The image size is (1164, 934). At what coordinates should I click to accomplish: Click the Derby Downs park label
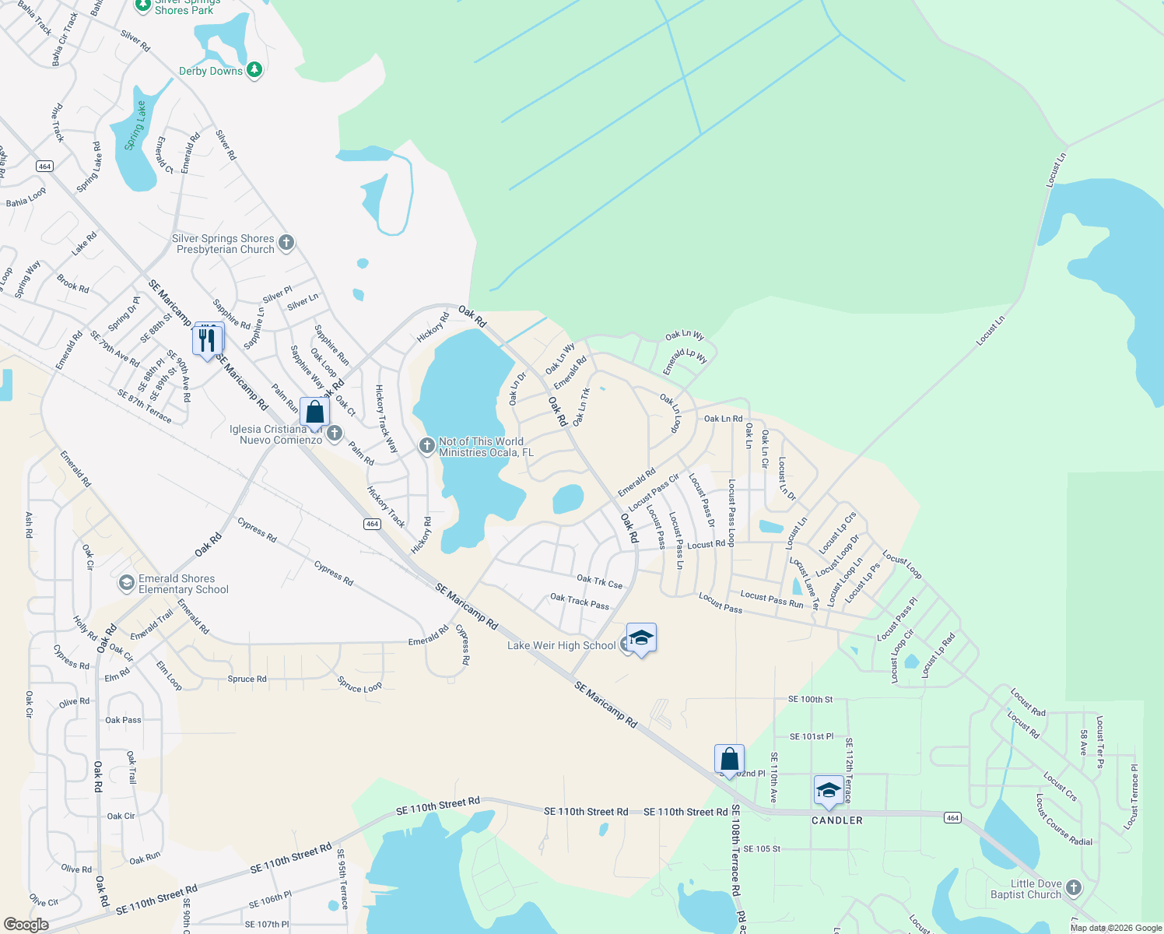[x=211, y=71]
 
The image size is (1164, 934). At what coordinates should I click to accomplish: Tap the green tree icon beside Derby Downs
[x=254, y=71]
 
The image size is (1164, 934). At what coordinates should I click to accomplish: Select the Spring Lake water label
[x=135, y=125]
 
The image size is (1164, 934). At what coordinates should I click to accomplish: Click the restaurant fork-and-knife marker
[x=207, y=340]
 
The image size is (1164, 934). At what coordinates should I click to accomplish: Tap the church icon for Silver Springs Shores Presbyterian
[x=286, y=243]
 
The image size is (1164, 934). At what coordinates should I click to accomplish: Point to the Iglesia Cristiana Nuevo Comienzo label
[x=275, y=434]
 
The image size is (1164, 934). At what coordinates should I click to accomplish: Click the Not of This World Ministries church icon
[x=426, y=446]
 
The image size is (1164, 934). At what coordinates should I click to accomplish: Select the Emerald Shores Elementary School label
[x=184, y=584]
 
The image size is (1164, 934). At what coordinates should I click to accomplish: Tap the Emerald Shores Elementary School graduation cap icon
[x=126, y=582]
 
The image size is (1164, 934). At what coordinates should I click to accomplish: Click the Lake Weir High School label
[x=561, y=645]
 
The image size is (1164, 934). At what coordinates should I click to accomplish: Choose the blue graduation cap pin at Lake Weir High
[x=640, y=639]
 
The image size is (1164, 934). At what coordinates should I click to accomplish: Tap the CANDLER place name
[x=837, y=820]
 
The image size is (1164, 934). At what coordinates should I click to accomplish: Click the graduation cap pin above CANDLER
[x=829, y=791]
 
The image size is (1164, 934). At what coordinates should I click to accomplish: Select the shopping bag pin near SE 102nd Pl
[x=729, y=758]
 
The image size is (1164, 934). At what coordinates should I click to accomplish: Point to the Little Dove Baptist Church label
[x=1026, y=889]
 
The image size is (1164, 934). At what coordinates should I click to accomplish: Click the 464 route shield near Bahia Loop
[x=44, y=166]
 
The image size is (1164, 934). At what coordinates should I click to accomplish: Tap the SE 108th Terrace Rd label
[x=735, y=851]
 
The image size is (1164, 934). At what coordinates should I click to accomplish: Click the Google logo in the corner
[x=26, y=925]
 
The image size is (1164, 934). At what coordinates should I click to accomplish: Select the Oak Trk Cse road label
[x=599, y=581]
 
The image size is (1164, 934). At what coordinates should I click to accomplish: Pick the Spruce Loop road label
[x=359, y=685]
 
